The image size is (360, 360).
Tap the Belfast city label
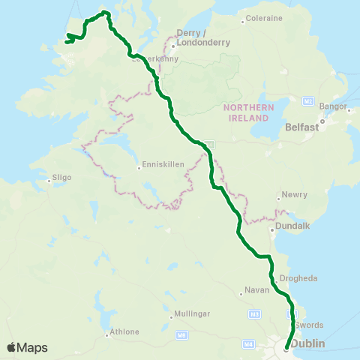point(303,127)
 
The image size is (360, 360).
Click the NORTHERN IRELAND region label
point(246,113)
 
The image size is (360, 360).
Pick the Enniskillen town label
point(162,166)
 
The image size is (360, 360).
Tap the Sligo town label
point(61,178)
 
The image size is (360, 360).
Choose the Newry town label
point(294,195)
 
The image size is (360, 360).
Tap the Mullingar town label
point(190,313)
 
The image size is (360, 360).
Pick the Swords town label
point(309,325)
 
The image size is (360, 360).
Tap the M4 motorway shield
point(248,343)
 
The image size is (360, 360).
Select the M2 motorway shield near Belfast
point(308,100)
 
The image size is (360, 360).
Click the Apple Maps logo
point(27,347)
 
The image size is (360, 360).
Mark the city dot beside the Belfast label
point(322,121)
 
